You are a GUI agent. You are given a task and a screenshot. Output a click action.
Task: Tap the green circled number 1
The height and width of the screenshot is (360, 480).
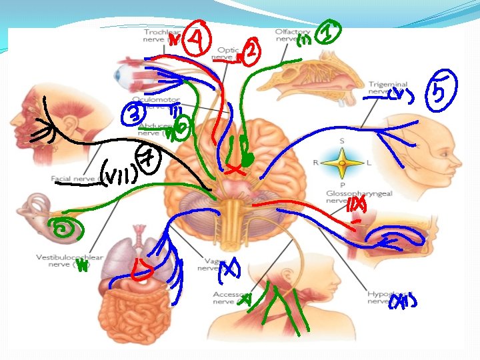(x=328, y=32)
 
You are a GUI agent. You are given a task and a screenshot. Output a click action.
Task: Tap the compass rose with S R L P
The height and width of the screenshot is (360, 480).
(x=342, y=162)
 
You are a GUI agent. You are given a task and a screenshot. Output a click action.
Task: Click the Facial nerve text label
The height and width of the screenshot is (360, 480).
(x=71, y=179)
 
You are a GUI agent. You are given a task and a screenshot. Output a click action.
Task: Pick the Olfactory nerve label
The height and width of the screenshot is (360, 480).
(x=291, y=35)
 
